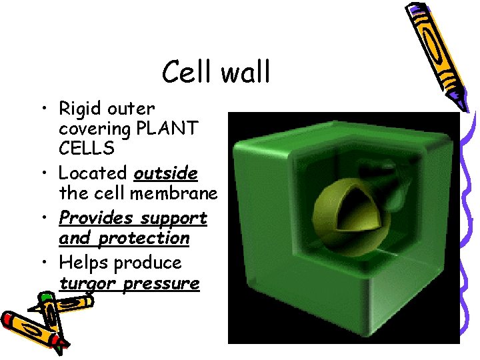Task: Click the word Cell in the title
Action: tap(188, 72)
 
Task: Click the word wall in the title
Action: tap(245, 72)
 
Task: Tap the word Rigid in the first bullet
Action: tap(79, 109)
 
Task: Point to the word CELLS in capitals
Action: tap(86, 148)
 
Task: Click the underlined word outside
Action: tap(165, 173)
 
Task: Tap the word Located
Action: tap(93, 173)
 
